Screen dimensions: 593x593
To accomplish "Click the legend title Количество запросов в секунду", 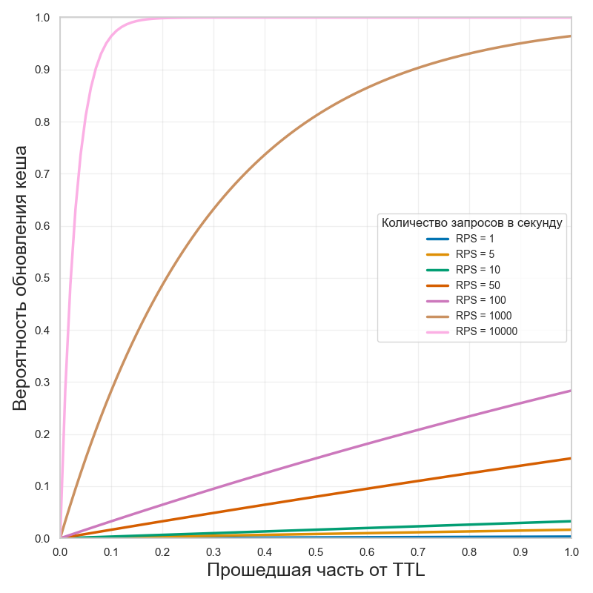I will point(471,222).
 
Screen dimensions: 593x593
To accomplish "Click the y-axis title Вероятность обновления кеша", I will point(21,278).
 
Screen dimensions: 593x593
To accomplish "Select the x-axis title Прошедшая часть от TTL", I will point(316,570).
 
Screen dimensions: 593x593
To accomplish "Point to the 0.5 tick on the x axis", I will point(316,552).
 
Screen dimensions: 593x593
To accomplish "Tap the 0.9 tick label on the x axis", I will point(520,552).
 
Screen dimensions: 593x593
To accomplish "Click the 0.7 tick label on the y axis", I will point(42,174).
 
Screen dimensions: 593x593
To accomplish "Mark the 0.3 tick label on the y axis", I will point(42,382).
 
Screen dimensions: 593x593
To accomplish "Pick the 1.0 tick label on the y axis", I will point(42,18).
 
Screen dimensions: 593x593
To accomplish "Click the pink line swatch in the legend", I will point(437,331).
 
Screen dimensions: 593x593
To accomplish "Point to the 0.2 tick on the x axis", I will point(162,552).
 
